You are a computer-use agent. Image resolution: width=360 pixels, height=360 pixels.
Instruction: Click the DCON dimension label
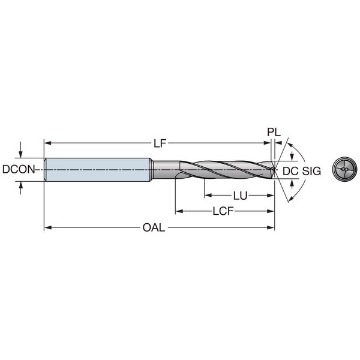coord(19,169)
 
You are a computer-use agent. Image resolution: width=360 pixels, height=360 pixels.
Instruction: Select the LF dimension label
coord(160,144)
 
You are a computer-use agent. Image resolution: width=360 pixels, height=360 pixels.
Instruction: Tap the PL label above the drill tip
coord(274,132)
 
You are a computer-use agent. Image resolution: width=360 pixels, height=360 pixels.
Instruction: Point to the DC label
coord(290,171)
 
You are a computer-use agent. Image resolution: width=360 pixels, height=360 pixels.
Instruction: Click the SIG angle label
coord(311,171)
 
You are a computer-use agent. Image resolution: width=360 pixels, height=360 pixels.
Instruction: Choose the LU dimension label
coord(240,196)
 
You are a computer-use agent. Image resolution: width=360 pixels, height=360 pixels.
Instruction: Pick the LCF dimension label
coord(223,211)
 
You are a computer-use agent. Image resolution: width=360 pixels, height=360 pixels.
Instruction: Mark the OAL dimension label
coord(154,227)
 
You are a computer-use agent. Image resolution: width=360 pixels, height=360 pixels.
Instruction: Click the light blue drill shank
coord(98,170)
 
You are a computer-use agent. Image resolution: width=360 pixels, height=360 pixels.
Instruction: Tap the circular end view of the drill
coord(344,169)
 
